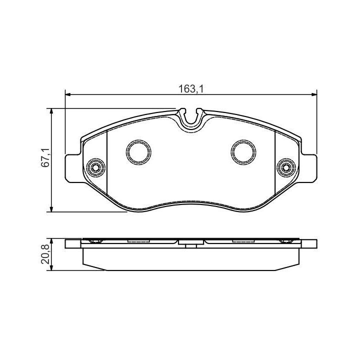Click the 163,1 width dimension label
coord(191,89)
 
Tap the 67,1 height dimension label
coord(45,157)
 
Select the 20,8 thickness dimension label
coord(45,254)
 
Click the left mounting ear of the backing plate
coord(73,169)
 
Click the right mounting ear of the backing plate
coord(309,169)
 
